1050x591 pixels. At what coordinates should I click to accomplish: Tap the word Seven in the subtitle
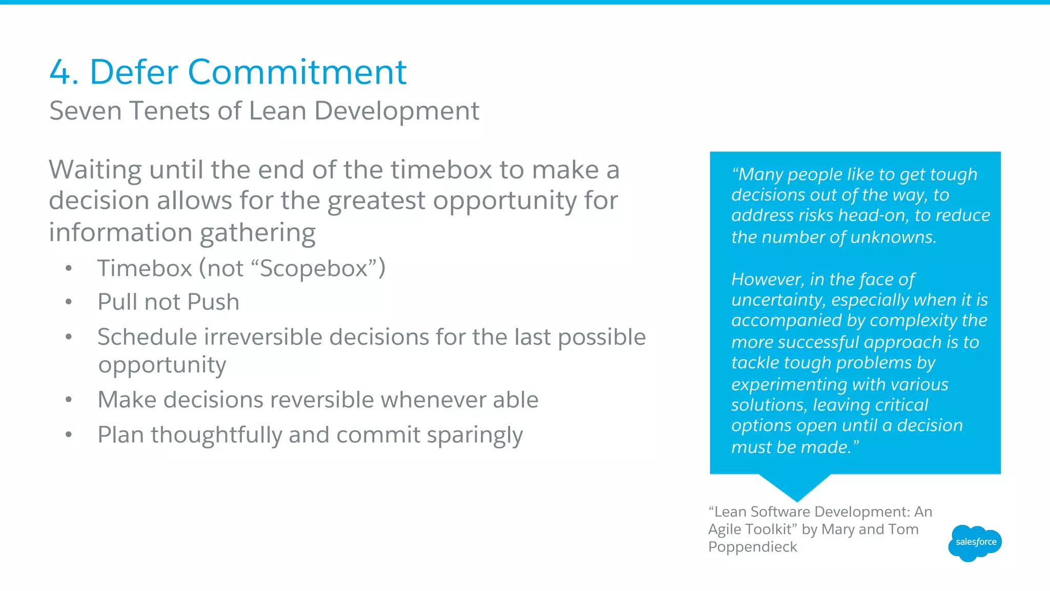coord(86,111)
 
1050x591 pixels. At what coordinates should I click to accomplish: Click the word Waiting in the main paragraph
coord(95,170)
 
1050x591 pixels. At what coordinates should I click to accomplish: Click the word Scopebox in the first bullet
coord(314,268)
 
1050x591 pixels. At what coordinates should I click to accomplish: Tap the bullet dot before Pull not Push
coord(69,302)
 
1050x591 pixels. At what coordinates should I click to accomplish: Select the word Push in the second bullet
coord(213,302)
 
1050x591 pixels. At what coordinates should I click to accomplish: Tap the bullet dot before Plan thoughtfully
coord(69,435)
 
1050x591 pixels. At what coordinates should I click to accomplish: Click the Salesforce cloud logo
coord(975,542)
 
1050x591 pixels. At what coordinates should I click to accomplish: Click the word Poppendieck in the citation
coord(752,547)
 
